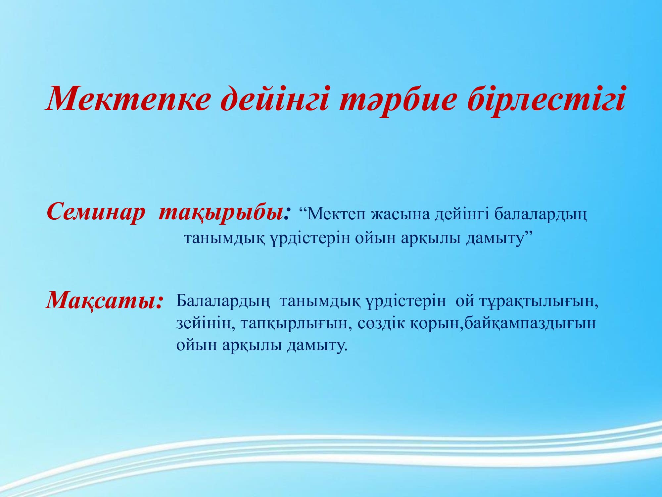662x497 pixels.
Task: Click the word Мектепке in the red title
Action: (128, 99)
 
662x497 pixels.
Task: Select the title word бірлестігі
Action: (546, 99)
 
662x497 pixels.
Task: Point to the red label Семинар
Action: (96, 212)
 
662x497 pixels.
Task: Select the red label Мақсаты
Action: (104, 301)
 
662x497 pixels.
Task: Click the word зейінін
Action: (203, 323)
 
